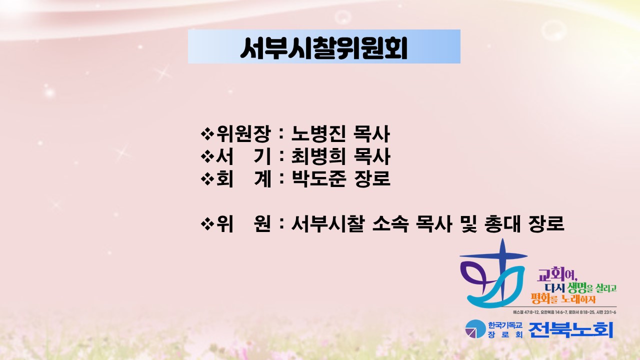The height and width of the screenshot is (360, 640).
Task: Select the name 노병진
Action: [x=318, y=133]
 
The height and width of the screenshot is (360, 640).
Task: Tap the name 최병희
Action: [x=318, y=156]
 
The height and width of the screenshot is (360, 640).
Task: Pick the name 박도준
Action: [x=318, y=178]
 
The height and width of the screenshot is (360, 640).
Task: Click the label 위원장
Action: [x=243, y=133]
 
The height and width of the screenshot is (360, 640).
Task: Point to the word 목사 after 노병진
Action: [x=371, y=133]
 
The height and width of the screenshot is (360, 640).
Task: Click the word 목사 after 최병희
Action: [x=371, y=156]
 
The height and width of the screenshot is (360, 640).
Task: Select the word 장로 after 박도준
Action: [x=372, y=178]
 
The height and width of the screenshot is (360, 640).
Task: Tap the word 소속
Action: [x=390, y=223]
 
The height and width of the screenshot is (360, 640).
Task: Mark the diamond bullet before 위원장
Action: [x=207, y=134]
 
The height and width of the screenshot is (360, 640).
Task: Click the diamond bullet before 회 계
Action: [x=207, y=179]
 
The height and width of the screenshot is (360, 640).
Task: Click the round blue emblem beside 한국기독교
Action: [x=475, y=329]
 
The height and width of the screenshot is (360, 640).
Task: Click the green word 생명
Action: [x=573, y=287]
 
